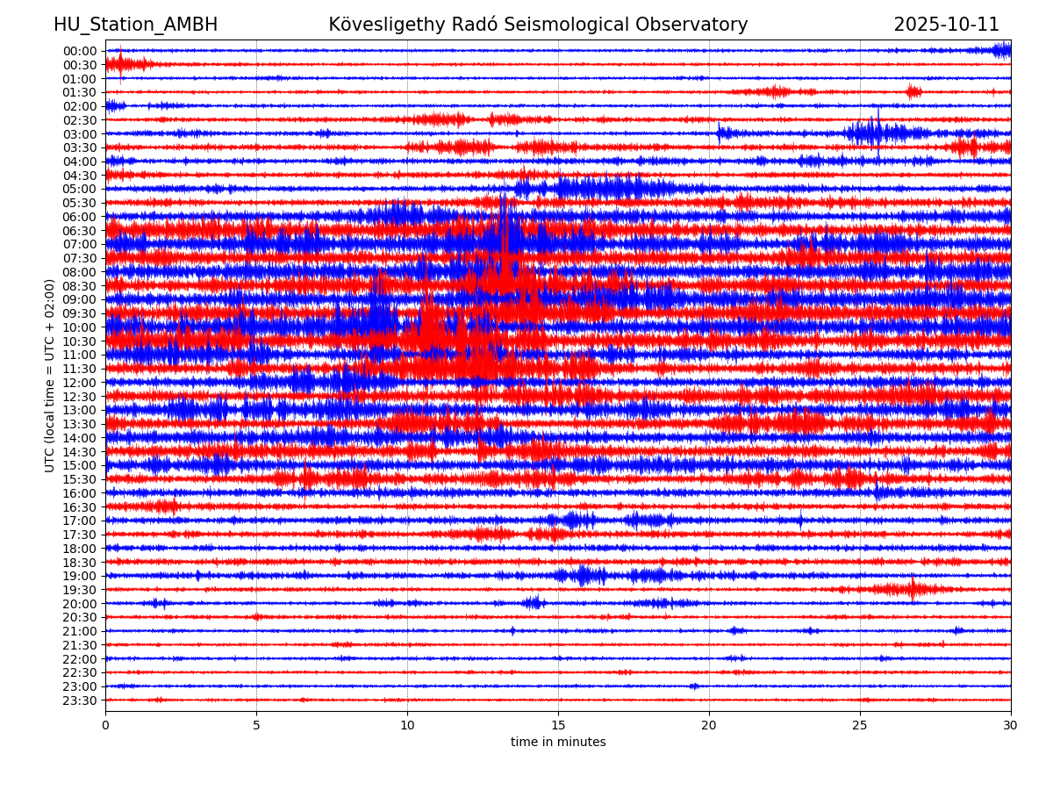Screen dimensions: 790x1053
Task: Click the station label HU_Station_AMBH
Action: (x=135, y=25)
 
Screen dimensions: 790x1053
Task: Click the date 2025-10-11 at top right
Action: (x=946, y=25)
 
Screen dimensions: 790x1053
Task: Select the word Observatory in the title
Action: (x=699, y=25)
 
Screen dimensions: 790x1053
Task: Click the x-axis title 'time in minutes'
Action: (x=558, y=743)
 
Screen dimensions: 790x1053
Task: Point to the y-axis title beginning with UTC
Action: (x=50, y=376)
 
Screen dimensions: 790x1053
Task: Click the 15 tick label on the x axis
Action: (x=558, y=725)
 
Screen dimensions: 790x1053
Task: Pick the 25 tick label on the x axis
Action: (x=860, y=725)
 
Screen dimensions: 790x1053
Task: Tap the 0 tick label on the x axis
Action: (x=105, y=725)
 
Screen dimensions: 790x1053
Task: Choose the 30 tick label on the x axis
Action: (x=1011, y=725)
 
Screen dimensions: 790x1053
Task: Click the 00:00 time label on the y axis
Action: (x=79, y=51)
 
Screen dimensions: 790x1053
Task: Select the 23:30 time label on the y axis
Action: (x=79, y=700)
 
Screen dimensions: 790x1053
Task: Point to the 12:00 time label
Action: (x=79, y=383)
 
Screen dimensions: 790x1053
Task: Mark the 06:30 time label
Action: (x=79, y=231)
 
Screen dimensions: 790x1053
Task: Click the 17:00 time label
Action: (x=79, y=521)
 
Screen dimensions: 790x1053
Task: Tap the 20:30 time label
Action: (x=79, y=617)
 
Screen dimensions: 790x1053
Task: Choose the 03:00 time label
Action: (x=79, y=133)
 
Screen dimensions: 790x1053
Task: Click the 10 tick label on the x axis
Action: (x=407, y=725)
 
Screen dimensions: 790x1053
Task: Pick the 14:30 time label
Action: (x=79, y=452)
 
